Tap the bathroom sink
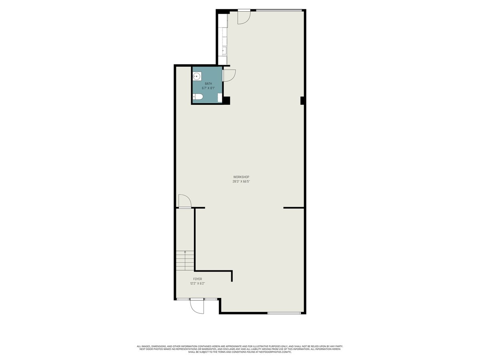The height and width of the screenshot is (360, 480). [x=197, y=76]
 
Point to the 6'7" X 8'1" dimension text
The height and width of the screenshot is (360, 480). [x=208, y=88]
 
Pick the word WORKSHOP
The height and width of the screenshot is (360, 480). [x=241, y=177]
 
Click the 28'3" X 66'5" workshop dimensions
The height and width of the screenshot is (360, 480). [x=241, y=181]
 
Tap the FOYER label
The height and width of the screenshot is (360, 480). [x=198, y=279]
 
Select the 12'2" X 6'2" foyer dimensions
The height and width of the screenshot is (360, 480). [x=198, y=284]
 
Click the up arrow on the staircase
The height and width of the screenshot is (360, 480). [x=185, y=252]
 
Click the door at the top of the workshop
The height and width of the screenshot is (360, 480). [x=244, y=16]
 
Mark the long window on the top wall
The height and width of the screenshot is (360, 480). [x=279, y=10]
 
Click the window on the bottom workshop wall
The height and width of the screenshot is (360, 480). [x=284, y=313]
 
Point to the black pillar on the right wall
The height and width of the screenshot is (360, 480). [x=303, y=101]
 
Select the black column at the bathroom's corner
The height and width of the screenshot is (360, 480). [x=226, y=100]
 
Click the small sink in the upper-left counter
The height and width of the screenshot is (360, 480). [x=224, y=51]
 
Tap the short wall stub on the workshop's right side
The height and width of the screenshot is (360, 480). [x=294, y=208]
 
